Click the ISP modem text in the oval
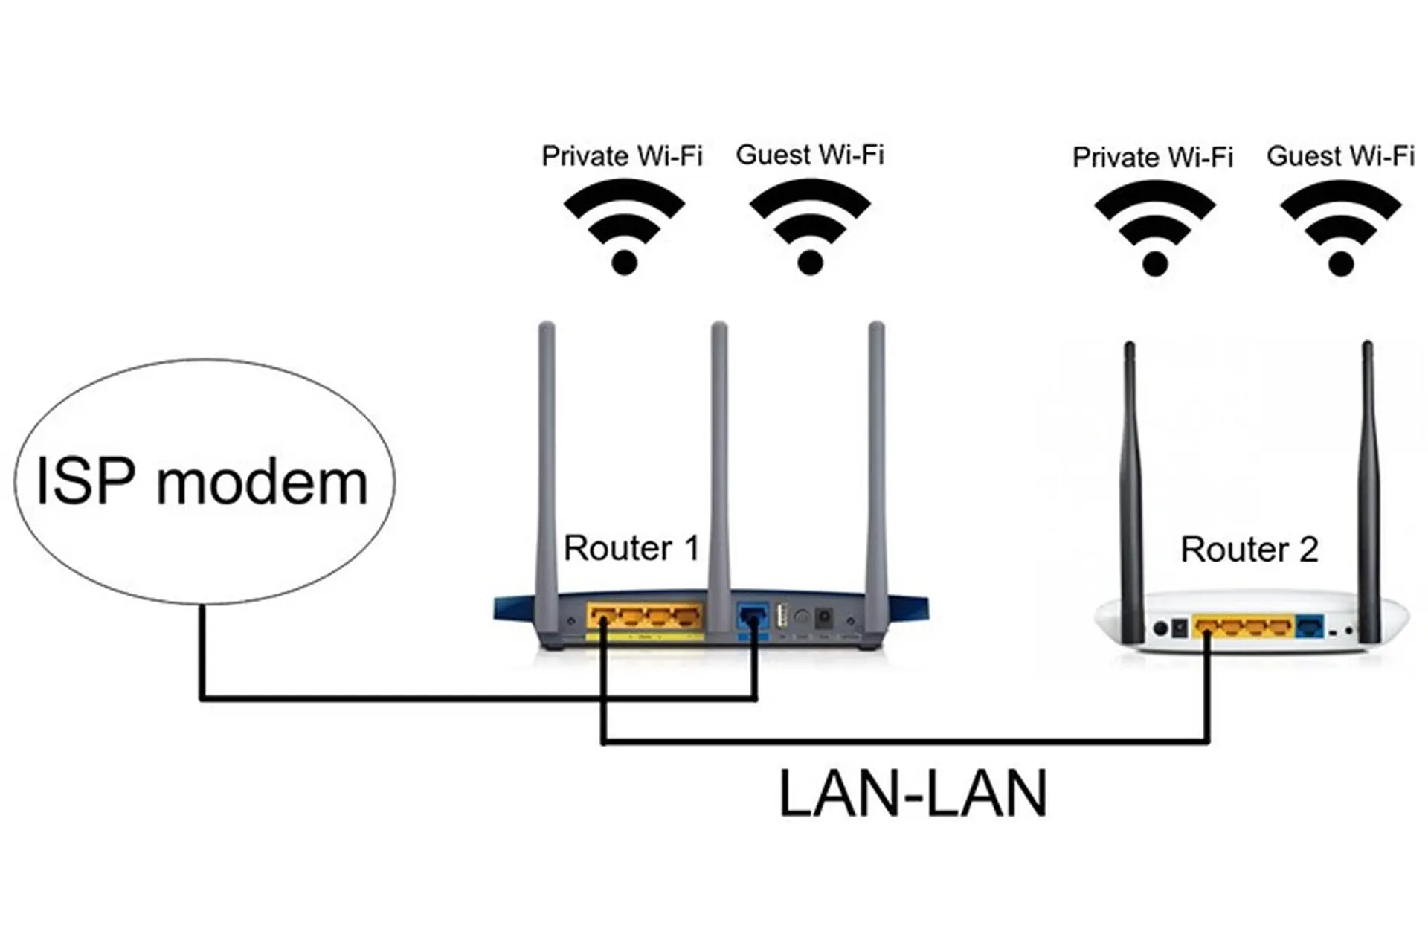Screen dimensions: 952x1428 [202, 482]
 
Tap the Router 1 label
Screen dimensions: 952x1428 [631, 548]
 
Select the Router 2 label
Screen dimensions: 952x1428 [1249, 550]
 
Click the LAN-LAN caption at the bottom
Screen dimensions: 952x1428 [913, 794]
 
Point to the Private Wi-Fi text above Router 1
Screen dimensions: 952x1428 [622, 156]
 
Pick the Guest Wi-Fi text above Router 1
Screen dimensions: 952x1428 [810, 155]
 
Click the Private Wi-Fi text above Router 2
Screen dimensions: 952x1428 [1152, 157]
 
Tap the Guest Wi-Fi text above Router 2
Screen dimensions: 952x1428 [1340, 155]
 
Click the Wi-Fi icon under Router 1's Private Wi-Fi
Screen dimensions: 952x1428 [624, 227]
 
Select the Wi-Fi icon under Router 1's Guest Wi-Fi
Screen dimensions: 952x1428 [810, 227]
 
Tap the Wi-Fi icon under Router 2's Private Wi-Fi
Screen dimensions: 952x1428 [1154, 228]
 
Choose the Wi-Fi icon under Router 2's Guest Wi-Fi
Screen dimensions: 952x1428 [1341, 228]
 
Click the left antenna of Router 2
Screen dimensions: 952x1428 [1130, 483]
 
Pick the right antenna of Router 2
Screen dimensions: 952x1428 [1368, 483]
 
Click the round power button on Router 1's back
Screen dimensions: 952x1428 [801, 617]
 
